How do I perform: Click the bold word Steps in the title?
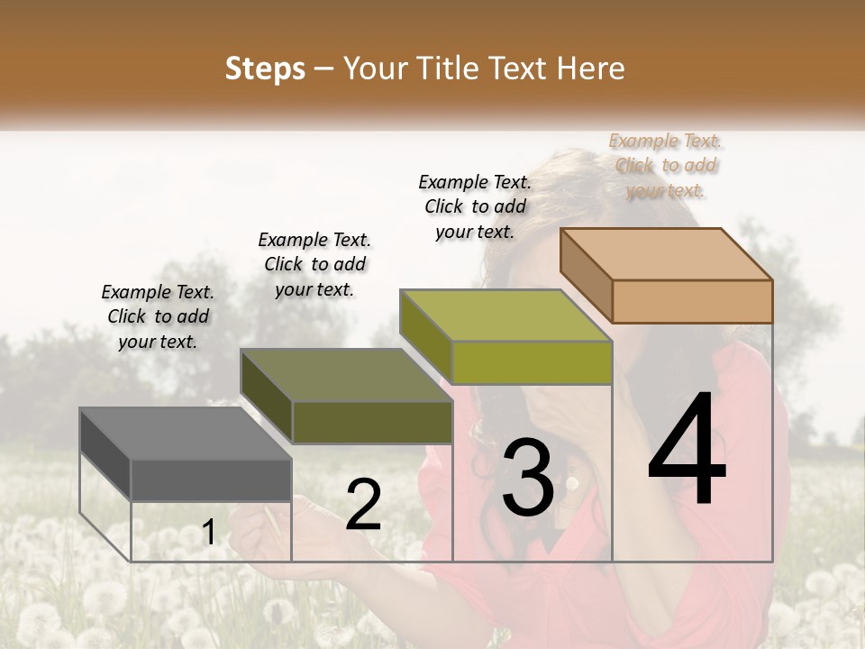(265, 69)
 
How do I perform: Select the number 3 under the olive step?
(527, 477)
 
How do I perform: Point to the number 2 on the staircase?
(363, 505)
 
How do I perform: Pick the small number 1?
(208, 533)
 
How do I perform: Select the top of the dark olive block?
(346, 375)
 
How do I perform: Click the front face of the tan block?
(692, 301)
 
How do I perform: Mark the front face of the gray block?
(212, 480)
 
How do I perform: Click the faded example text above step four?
(666, 166)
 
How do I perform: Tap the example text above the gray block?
(159, 317)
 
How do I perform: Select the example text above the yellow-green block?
(476, 207)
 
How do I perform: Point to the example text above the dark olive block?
(314, 265)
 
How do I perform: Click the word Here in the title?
(591, 69)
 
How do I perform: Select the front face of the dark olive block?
(372, 422)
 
